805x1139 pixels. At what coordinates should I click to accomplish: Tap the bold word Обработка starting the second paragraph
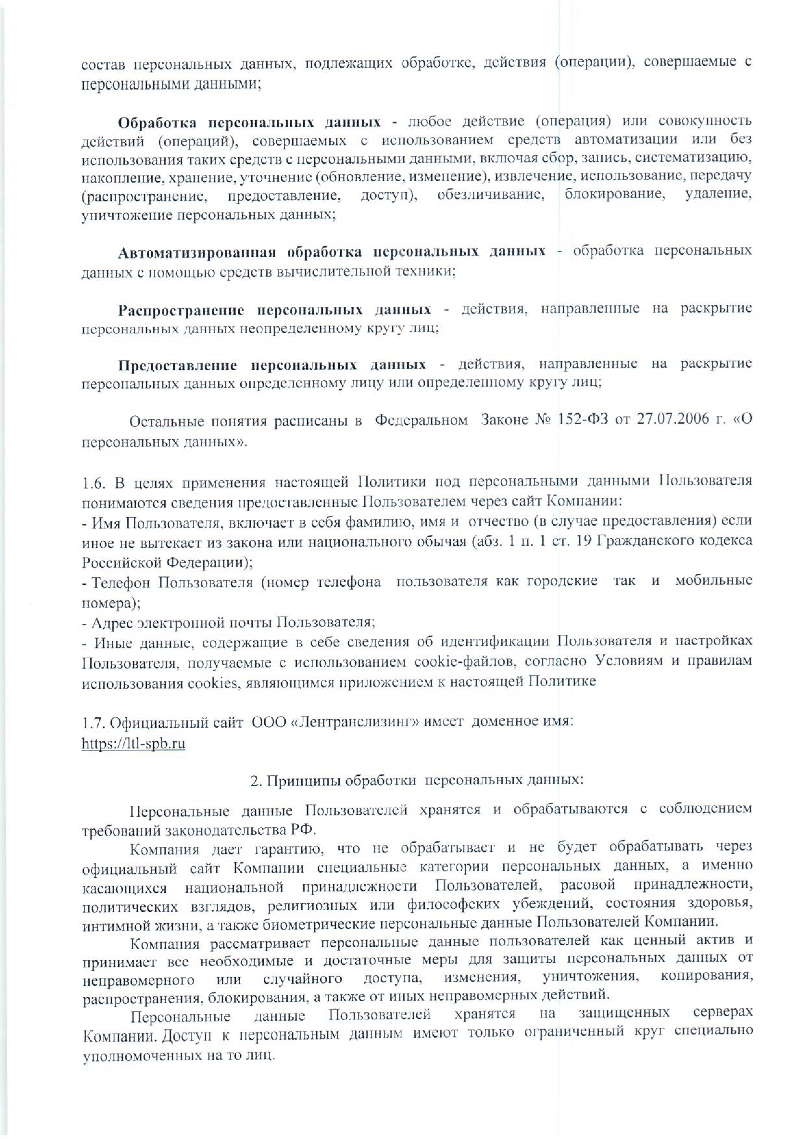(x=157, y=122)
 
